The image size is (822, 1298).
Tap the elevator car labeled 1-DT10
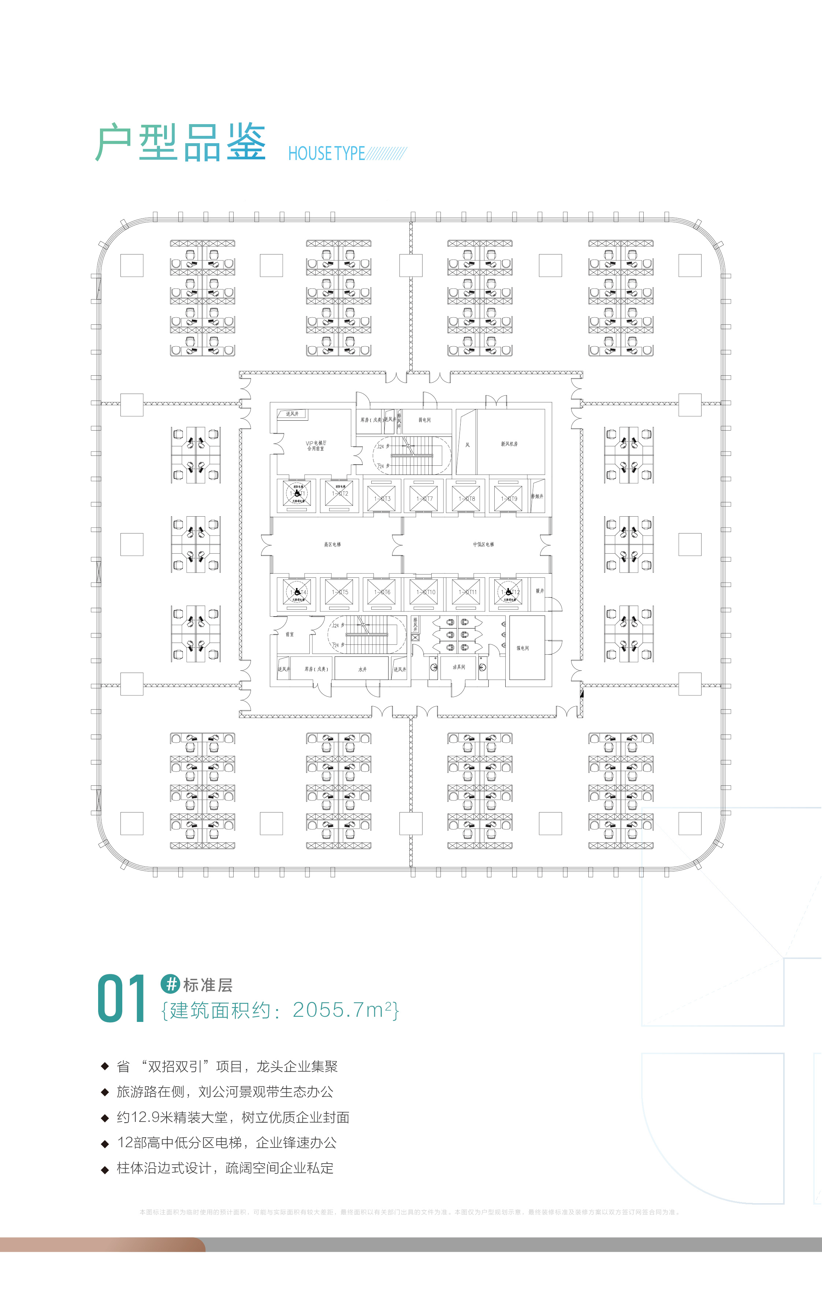424,592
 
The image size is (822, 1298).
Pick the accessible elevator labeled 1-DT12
508,592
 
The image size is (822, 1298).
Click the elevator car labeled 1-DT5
339,592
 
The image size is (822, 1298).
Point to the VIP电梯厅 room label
316,445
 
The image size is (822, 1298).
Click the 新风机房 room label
509,444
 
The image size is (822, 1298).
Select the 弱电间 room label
425,420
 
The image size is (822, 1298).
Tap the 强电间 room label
522,648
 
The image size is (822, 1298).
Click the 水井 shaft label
362,669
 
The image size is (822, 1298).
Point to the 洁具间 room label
459,667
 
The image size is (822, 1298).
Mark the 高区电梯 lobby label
332,544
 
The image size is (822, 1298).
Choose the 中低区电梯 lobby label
483,544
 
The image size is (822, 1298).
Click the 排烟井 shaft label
537,496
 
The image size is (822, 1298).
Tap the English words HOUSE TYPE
327,154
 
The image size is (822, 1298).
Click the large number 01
121,998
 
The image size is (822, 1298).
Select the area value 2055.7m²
345,1009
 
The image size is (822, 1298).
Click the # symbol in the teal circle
170,984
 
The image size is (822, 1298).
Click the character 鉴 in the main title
246,142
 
